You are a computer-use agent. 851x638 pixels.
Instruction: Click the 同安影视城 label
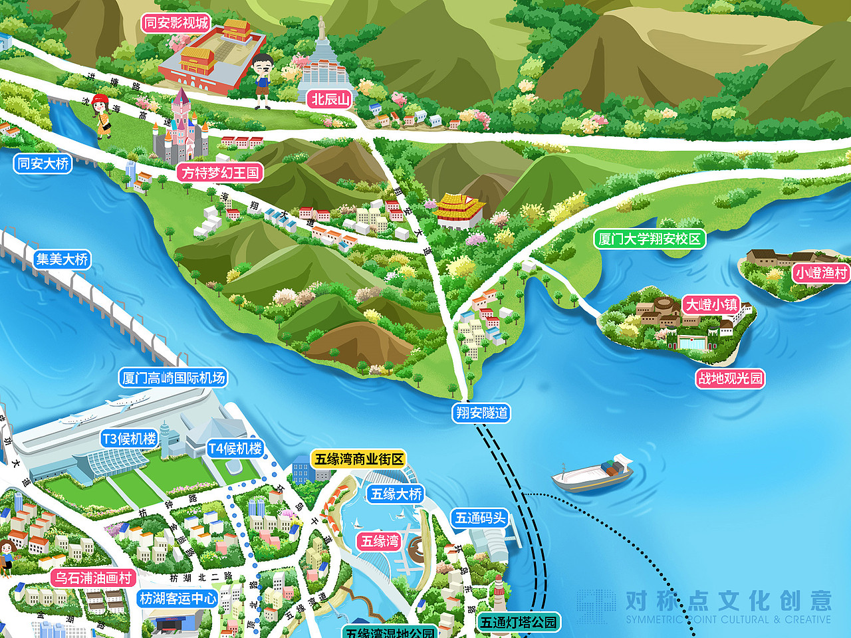coord(176,23)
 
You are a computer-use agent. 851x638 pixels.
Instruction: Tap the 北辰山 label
coord(330,100)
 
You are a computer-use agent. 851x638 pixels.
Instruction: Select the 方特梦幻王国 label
coord(220,173)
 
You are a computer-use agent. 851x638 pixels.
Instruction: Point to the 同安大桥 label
coord(43,163)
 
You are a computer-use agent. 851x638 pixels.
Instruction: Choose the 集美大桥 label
coord(62,259)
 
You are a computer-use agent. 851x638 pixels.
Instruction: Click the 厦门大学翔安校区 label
coord(650,239)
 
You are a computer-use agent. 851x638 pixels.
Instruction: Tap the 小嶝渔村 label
coord(822,273)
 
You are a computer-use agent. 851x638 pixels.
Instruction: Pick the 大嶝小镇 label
coord(711,305)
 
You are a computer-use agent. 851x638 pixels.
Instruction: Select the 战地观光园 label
coord(730,379)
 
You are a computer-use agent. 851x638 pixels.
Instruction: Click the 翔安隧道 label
coord(482,413)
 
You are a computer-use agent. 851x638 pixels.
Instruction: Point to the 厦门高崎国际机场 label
coord(174,378)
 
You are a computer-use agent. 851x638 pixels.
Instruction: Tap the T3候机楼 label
coord(129,439)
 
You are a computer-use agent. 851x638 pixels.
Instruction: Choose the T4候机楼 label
coord(235,449)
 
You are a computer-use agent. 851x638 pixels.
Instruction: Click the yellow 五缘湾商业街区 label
coord(359,459)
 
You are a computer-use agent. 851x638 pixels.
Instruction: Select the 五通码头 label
coord(480,518)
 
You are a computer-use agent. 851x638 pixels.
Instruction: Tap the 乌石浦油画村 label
coord(93,578)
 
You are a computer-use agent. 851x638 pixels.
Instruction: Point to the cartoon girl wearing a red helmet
coord(102,115)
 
